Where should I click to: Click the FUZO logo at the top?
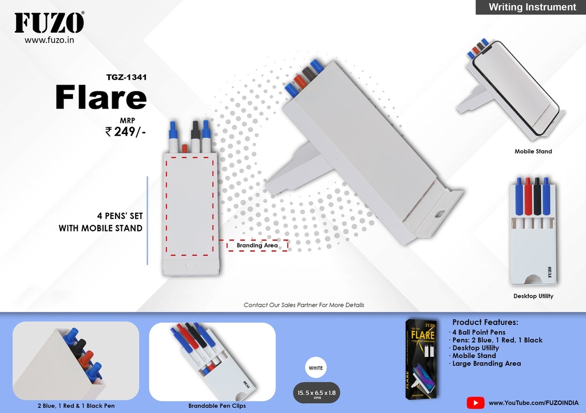[x=49, y=23]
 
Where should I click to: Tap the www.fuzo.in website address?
[x=49, y=40]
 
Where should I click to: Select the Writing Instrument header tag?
[x=530, y=7]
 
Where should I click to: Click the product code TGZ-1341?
[x=126, y=77]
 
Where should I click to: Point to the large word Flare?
[x=101, y=97]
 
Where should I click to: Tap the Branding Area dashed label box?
[x=257, y=245]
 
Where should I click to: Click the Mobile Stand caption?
[x=533, y=151]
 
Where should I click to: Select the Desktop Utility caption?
[x=533, y=296]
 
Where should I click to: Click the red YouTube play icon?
[x=476, y=403]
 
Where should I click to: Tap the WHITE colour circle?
[x=316, y=368]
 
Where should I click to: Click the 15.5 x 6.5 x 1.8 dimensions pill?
[x=316, y=393]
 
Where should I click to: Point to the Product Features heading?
[x=485, y=322]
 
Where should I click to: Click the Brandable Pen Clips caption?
[x=217, y=406]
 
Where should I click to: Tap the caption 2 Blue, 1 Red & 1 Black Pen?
[x=76, y=406]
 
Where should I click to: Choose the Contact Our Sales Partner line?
[x=304, y=305]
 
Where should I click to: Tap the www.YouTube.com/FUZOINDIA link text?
[x=534, y=403]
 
